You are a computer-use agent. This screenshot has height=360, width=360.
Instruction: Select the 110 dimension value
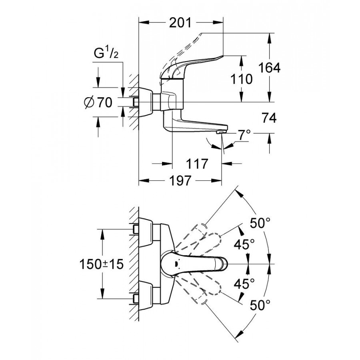click(x=241, y=79)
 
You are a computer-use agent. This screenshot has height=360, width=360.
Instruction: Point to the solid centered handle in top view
click(x=192, y=264)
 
